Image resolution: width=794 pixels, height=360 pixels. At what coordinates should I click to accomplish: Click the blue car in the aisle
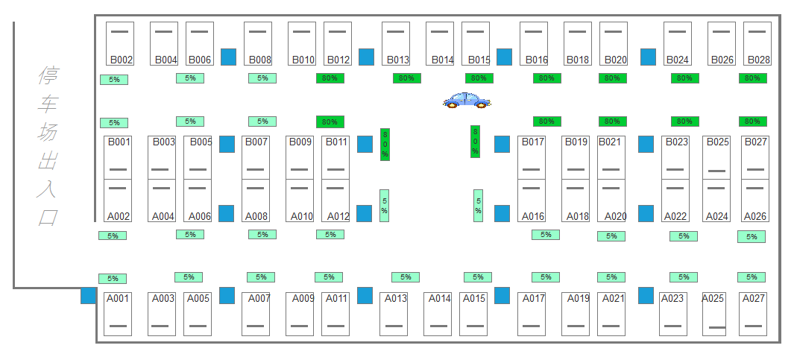click(467, 101)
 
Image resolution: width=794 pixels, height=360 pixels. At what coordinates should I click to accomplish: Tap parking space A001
click(118, 314)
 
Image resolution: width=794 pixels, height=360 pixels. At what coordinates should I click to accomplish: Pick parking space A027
click(753, 314)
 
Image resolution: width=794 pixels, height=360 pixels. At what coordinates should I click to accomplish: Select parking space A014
click(438, 314)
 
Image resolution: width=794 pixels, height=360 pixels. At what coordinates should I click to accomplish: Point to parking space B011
click(335, 157)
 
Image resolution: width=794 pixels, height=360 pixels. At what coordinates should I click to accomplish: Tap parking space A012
click(335, 201)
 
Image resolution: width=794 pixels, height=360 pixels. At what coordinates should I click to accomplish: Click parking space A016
click(532, 201)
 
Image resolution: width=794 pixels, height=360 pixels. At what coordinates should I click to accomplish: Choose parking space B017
click(532, 157)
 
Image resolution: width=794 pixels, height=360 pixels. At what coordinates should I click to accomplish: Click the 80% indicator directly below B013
click(407, 78)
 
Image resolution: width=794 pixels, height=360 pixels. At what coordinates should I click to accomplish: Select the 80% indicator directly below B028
click(752, 78)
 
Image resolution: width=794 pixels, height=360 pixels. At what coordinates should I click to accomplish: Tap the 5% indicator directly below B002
click(114, 80)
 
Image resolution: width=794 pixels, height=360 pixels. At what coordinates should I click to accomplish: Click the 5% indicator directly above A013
click(406, 277)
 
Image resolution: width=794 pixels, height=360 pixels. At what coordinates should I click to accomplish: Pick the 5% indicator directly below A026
click(752, 236)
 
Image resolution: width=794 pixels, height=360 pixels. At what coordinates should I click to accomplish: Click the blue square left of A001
click(89, 295)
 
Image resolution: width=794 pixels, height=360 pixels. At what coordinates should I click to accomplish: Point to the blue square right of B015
click(504, 57)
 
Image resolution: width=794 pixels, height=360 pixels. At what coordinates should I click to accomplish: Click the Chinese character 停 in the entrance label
click(48, 75)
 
